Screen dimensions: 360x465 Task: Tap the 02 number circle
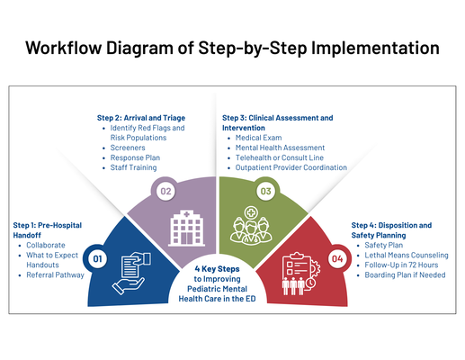point(166,192)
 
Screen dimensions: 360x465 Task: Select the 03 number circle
point(265,192)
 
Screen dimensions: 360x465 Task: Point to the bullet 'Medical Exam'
point(259,138)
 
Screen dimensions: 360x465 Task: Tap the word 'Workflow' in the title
point(69,47)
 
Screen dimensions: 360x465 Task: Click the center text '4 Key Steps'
point(217,268)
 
